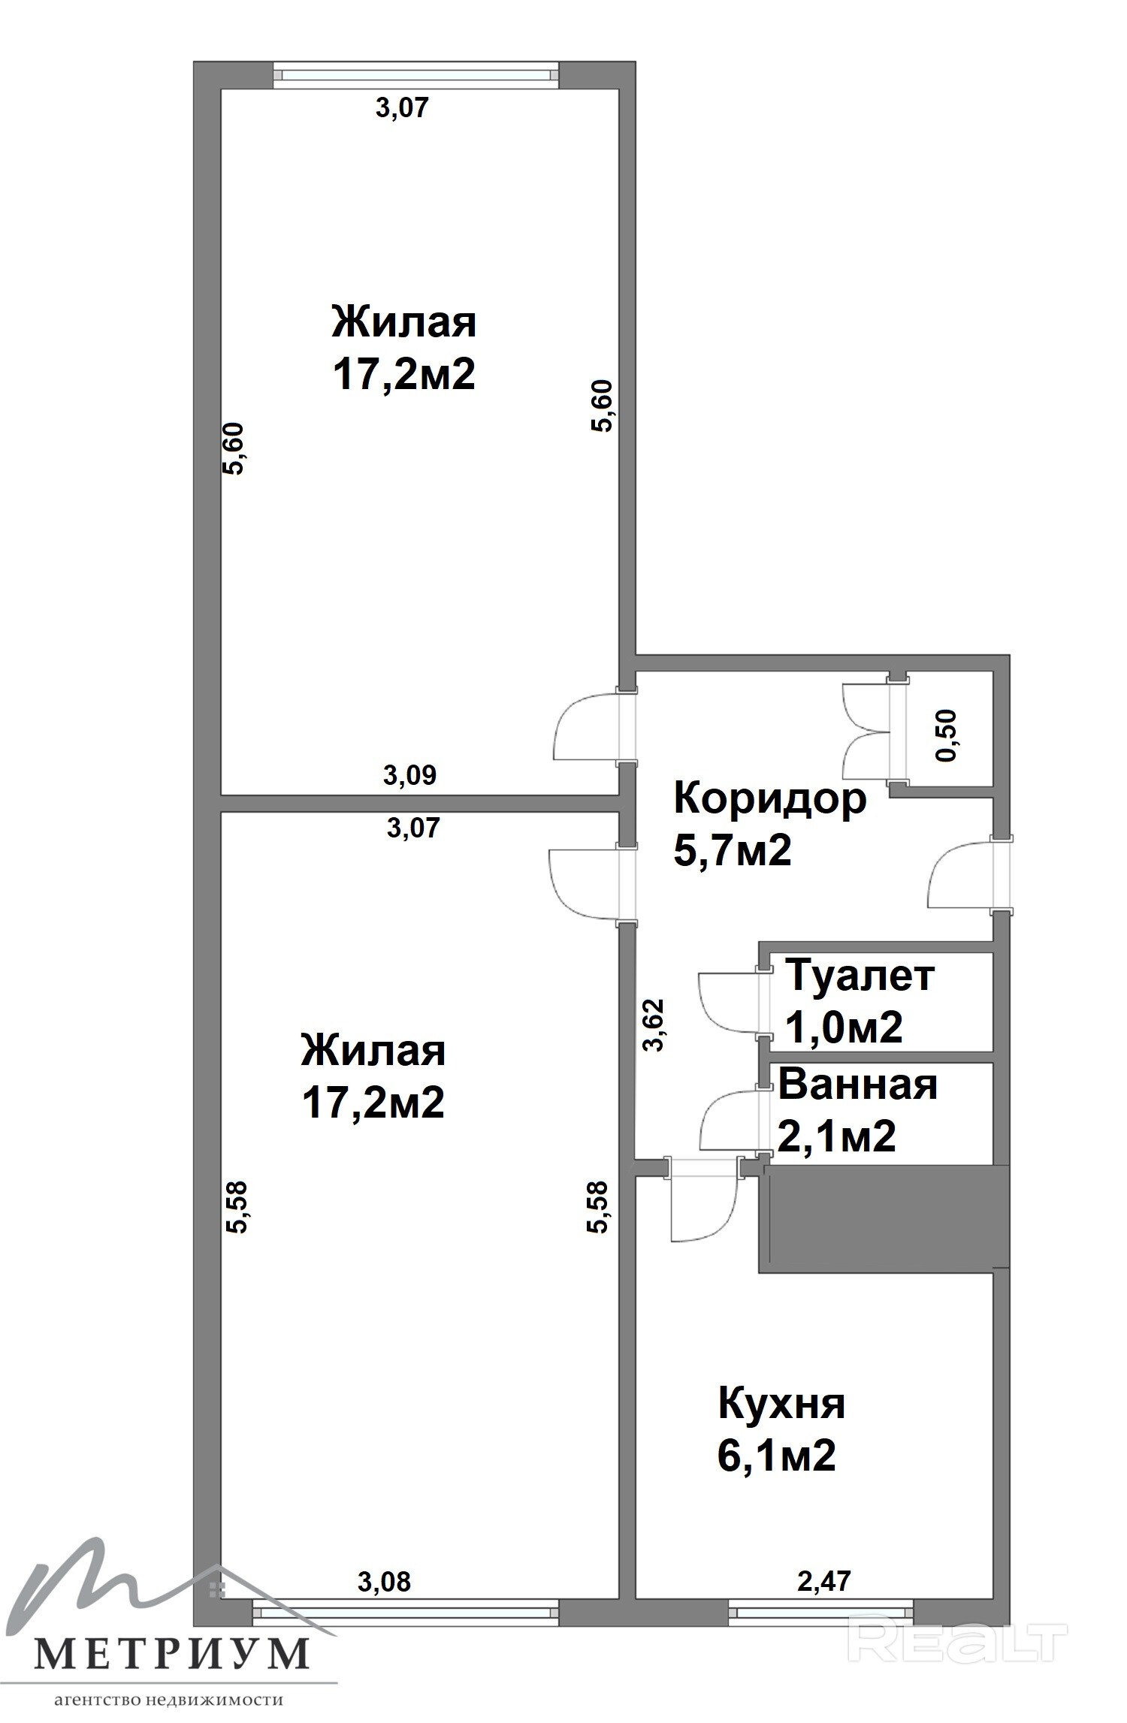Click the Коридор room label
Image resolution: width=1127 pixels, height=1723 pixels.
click(x=770, y=798)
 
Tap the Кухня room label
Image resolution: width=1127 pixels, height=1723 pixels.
click(x=781, y=1404)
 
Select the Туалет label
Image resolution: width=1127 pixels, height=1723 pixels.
click(x=860, y=976)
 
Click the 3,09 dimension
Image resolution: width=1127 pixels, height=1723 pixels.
click(x=409, y=774)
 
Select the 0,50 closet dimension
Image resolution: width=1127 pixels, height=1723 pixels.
click(x=947, y=735)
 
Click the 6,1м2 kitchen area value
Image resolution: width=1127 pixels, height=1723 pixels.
click(x=777, y=1456)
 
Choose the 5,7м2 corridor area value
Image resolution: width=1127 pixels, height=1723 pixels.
click(x=733, y=851)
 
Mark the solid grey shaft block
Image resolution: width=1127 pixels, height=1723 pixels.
click(x=884, y=1219)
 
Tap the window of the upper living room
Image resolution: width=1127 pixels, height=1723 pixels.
click(x=416, y=74)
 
